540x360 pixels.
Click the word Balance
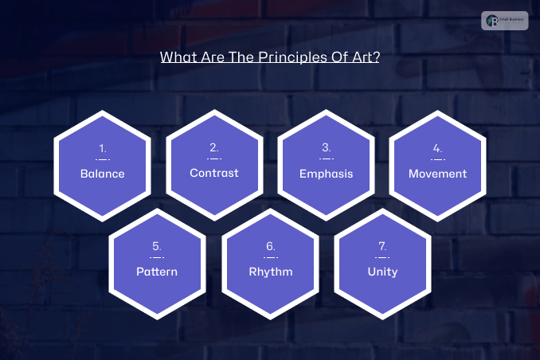102,174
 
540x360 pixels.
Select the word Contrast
213,173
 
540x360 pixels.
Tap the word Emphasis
326,174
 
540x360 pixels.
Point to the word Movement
437,173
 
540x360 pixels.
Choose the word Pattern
157,272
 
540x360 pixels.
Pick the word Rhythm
270,272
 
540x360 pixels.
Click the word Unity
382,272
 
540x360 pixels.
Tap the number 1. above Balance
102,148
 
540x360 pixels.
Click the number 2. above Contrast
213,147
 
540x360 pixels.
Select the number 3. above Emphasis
326,147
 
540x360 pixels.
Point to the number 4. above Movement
437,147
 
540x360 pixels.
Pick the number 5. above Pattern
157,246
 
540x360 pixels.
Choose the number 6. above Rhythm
270,246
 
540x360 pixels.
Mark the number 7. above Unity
382,246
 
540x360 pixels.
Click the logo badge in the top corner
504,21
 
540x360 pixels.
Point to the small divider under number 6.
270,257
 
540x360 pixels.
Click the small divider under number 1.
102,159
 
